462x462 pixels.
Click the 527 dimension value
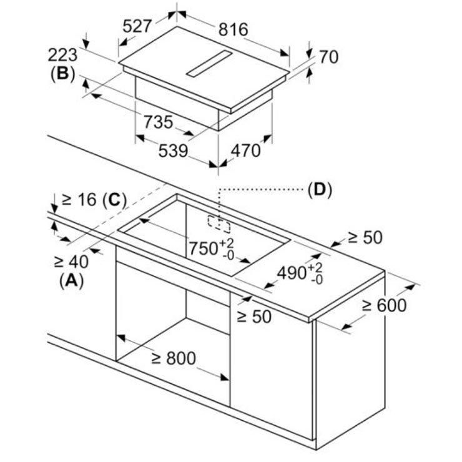click(x=137, y=26)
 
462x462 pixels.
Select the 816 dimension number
click(x=232, y=29)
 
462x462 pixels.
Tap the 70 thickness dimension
click(x=328, y=57)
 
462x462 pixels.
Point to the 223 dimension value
click(x=63, y=54)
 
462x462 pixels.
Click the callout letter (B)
click(x=62, y=74)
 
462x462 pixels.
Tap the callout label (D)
click(x=320, y=189)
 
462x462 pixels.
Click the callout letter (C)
click(x=114, y=200)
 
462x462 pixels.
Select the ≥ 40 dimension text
click(x=71, y=260)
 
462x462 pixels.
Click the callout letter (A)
click(x=71, y=281)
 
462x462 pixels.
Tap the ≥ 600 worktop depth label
click(x=383, y=305)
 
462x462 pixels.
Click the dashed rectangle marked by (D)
click(x=218, y=222)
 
